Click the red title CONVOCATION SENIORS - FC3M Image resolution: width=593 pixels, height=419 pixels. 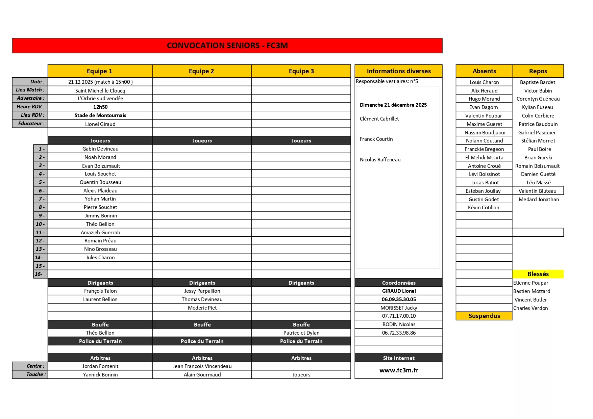[x=227, y=46]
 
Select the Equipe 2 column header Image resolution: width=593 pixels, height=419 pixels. [x=201, y=71]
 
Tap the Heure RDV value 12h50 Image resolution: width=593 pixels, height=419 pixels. [x=100, y=107]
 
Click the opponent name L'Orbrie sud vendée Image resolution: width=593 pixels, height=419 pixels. [x=100, y=99]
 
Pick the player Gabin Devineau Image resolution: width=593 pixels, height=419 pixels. [x=100, y=149]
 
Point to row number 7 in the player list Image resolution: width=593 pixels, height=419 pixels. [x=41, y=199]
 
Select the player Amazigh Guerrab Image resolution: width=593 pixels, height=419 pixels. [x=100, y=233]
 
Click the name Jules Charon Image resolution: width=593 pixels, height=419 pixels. [x=100, y=258]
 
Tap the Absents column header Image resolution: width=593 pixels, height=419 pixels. [x=484, y=71]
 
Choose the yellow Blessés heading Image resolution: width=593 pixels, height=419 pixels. [x=538, y=274]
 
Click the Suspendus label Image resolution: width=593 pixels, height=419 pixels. [x=484, y=316]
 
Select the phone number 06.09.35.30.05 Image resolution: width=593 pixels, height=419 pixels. [x=399, y=299]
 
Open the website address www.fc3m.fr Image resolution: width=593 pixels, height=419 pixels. [x=399, y=370]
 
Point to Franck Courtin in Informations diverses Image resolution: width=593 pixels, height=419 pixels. [x=376, y=139]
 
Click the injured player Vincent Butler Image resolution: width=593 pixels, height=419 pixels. [x=530, y=300]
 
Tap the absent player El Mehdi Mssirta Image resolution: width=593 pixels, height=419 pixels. [x=484, y=158]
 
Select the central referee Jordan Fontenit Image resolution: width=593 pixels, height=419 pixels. [x=100, y=366]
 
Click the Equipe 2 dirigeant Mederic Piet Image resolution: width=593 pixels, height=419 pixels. [x=202, y=308]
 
